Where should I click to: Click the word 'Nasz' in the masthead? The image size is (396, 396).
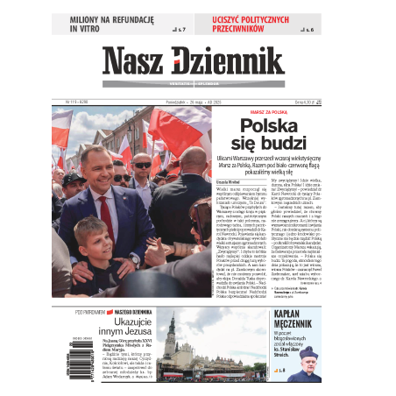[134, 62]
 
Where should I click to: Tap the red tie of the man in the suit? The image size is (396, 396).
[107, 215]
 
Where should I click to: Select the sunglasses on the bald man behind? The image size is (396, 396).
[142, 165]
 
